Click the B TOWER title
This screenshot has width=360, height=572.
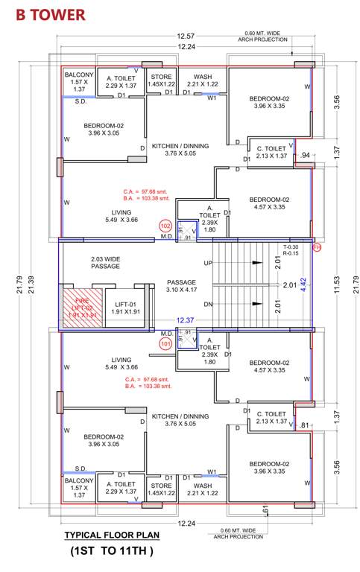point(46,14)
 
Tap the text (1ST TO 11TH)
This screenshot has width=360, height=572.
point(112,552)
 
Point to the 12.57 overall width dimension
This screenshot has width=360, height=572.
point(186,36)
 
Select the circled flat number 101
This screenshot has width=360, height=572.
point(165,343)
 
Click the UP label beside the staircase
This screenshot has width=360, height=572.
point(208,264)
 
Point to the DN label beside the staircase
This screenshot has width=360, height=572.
point(208,304)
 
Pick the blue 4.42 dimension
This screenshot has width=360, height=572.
point(303,284)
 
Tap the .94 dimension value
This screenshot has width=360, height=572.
point(304,155)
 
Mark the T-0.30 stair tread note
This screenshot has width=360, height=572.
point(291,247)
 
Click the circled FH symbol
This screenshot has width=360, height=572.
point(316,247)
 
